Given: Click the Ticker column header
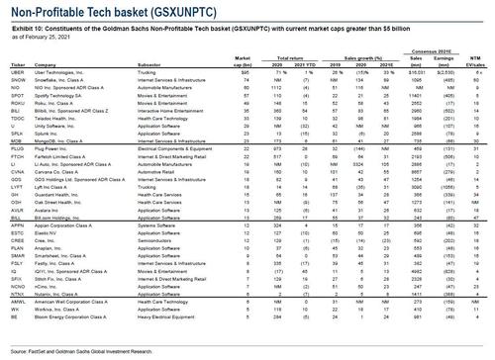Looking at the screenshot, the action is click(x=16, y=65).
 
